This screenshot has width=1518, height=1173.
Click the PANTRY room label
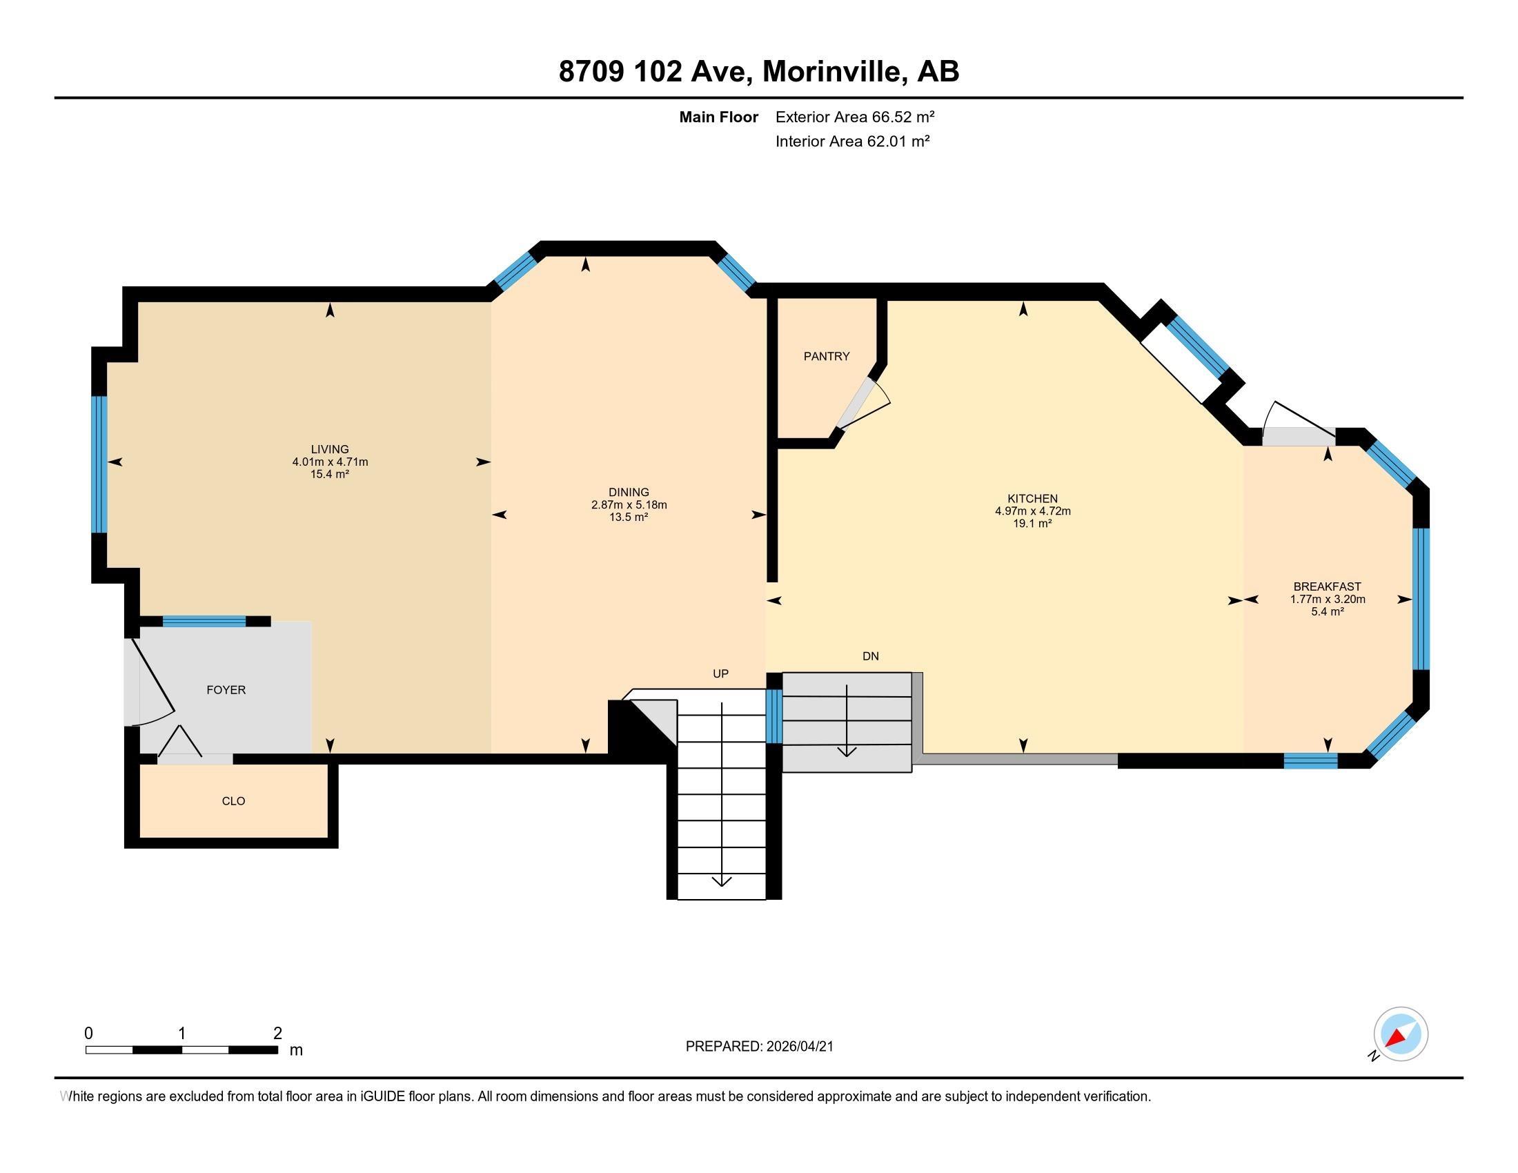[827, 357]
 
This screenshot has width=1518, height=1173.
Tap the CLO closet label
[233, 801]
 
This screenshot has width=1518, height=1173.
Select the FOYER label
[226, 690]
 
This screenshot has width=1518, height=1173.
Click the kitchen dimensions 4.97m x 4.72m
[1032, 511]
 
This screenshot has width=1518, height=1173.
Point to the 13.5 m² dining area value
[629, 517]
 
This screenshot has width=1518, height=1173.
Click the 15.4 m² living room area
[329, 475]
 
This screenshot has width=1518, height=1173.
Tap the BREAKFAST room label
[1327, 586]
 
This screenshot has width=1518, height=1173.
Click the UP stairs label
[720, 674]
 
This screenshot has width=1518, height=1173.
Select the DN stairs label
[870, 656]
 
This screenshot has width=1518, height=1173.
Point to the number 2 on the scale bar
[277, 1034]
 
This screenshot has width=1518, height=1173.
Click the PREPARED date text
[759, 1047]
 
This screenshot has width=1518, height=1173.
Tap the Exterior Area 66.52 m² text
[854, 117]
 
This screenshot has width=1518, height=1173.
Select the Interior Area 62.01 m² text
[852, 141]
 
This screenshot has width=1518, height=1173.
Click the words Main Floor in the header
[718, 117]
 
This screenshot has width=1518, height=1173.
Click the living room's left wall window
[100, 464]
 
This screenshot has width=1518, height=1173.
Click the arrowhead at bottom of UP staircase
[722, 881]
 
